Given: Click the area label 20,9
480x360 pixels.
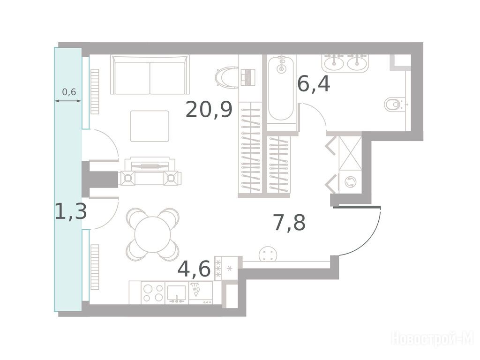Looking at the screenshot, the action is click(x=209, y=110).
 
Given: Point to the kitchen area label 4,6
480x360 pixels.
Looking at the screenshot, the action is click(x=194, y=269).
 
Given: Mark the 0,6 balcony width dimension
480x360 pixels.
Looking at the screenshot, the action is click(x=69, y=91).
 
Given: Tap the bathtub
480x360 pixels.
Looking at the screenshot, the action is click(x=281, y=89).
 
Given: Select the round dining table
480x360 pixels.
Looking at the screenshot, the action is click(x=152, y=234).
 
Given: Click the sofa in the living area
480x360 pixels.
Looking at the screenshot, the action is click(x=150, y=75).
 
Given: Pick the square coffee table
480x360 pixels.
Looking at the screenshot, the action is click(x=150, y=126).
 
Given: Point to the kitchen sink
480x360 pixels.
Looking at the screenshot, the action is click(x=177, y=294).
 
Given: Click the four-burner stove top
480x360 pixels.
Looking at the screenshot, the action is click(x=153, y=293).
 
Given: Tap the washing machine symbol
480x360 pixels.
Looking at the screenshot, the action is click(x=350, y=182).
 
